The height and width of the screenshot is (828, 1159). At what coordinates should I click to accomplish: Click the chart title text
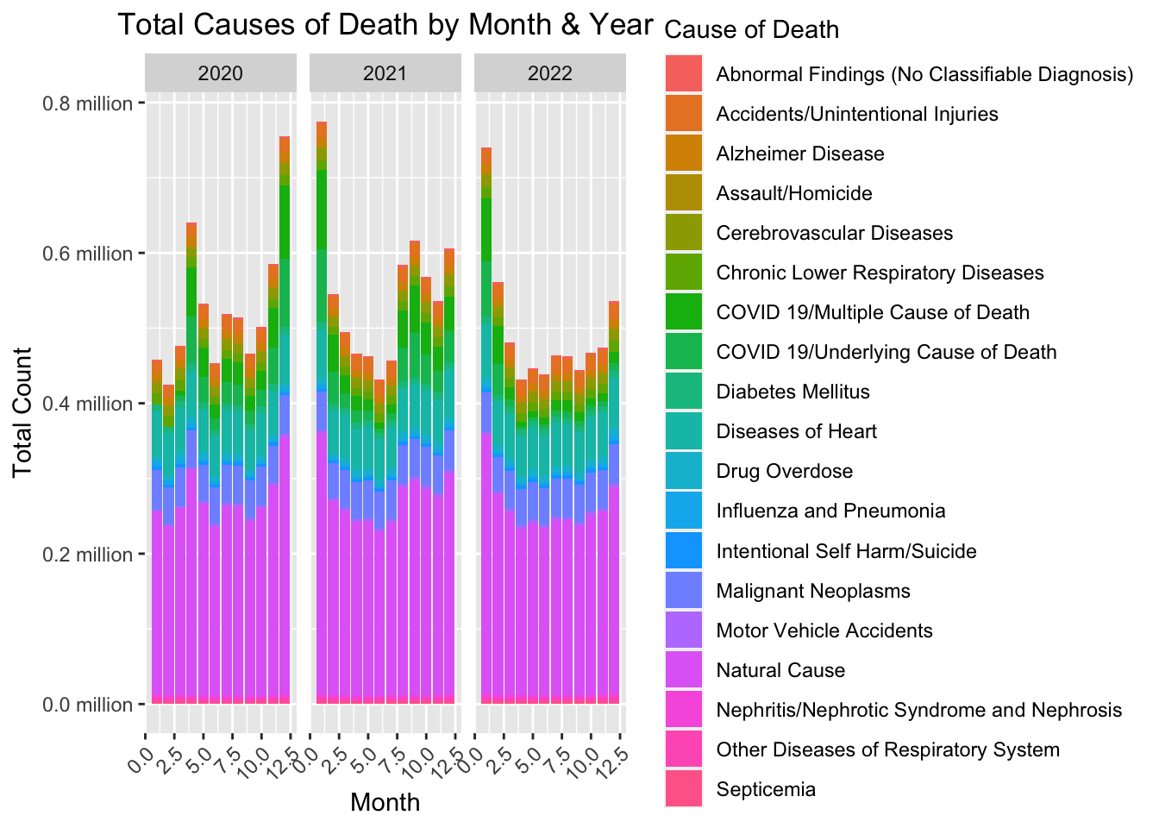[x=385, y=25]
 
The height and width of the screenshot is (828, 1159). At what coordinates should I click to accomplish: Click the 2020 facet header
[x=221, y=73]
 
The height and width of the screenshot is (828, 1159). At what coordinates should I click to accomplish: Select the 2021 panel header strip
[x=385, y=73]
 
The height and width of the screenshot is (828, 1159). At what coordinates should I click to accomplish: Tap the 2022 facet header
[x=550, y=73]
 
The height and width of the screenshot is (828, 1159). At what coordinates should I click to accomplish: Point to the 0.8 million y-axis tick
[x=89, y=103]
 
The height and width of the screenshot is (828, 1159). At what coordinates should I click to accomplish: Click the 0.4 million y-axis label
[x=89, y=404]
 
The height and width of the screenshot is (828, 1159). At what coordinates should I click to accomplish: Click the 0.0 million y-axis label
[x=89, y=705]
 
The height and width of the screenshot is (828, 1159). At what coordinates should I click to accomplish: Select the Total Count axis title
[x=22, y=411]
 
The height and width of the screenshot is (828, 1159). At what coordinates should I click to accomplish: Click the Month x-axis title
[x=385, y=803]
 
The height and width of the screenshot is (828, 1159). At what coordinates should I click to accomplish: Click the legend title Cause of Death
[x=753, y=30]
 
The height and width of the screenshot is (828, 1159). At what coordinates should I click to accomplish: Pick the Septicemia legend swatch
[x=685, y=789]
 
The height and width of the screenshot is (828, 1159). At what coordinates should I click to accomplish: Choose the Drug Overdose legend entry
[x=784, y=471]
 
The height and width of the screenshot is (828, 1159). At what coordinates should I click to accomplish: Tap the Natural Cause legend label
[x=780, y=670]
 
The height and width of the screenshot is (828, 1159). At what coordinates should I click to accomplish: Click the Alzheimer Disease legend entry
[x=800, y=154]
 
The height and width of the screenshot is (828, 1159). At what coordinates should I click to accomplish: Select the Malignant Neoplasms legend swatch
[x=685, y=591]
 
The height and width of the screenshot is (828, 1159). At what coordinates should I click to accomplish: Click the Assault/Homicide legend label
[x=794, y=193]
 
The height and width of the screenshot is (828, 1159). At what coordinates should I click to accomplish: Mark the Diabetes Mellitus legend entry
[x=793, y=392]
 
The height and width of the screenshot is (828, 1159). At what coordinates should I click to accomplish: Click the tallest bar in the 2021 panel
[x=322, y=414]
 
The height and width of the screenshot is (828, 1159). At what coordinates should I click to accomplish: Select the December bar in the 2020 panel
[x=285, y=423]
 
